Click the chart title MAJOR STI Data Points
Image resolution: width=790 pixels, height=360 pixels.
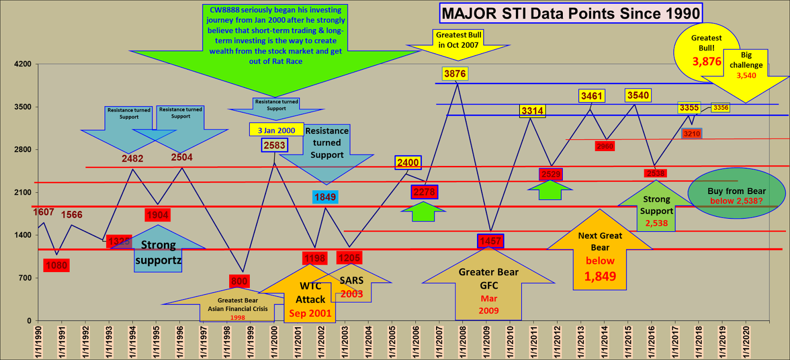pos(571,13)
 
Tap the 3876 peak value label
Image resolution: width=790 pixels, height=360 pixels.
pos(455,74)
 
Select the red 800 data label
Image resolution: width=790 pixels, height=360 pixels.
pos(239,281)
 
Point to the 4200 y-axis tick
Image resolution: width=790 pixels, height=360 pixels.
pos(22,64)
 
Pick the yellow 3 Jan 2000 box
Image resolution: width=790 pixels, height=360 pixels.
pos(276,130)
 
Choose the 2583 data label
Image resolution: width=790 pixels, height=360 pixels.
pos(275,145)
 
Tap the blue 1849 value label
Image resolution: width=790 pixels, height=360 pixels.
pos(325,197)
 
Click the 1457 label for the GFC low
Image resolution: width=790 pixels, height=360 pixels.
pos(490,241)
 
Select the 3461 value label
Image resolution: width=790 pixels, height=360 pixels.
pos(592,96)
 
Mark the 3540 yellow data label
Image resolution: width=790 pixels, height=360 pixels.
pos(638,95)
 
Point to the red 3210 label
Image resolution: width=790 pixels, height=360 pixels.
pos(692,134)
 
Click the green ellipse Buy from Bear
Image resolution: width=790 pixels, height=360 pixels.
pos(736,194)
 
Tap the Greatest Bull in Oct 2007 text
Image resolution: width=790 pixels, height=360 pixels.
pos(458,40)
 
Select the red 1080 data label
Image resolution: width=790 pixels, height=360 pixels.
pos(56,265)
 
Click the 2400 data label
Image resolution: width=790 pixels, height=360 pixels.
pos(408,162)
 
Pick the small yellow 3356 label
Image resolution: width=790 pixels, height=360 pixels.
pos(720,108)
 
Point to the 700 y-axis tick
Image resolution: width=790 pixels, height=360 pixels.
pos(25,278)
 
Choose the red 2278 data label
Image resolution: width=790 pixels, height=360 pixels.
pos(424,192)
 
